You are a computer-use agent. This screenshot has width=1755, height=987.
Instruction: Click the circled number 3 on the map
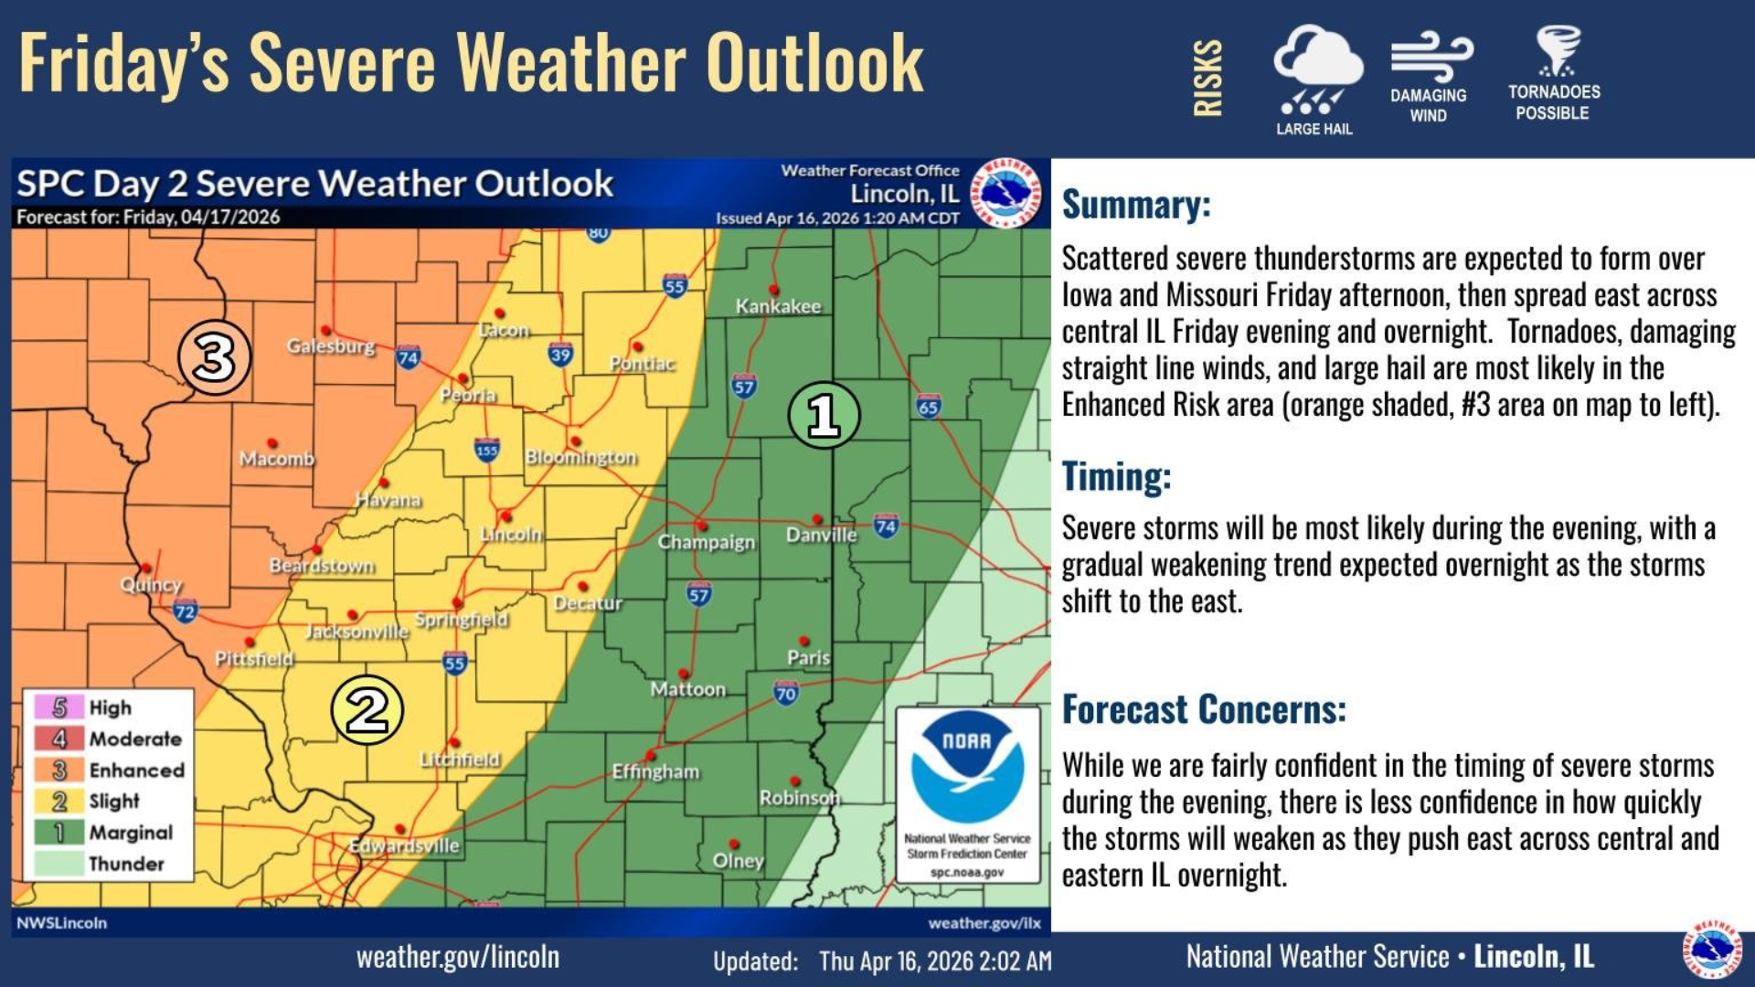(x=214, y=357)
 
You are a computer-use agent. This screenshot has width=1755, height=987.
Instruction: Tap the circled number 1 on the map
(x=824, y=415)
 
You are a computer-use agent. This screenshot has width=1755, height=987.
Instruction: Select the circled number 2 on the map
(x=367, y=710)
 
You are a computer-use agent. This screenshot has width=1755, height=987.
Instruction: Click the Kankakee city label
(x=778, y=306)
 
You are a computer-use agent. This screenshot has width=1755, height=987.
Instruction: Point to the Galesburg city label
(x=331, y=346)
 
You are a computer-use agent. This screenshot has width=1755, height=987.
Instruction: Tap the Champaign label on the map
(x=707, y=542)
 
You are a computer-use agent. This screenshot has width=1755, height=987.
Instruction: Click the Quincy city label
(x=152, y=584)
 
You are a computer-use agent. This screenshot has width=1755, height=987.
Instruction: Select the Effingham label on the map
(x=655, y=771)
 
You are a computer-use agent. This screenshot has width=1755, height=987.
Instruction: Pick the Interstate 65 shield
(x=928, y=406)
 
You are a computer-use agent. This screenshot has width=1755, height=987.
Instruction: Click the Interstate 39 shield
(x=560, y=355)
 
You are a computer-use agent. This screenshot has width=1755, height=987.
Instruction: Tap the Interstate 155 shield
(x=486, y=450)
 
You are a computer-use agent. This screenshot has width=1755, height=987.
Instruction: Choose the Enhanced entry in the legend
(x=136, y=770)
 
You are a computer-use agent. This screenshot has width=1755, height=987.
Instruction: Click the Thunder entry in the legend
(x=126, y=864)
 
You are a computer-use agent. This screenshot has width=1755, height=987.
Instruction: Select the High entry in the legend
(x=110, y=707)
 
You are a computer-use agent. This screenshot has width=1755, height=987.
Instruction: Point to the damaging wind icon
(x=1431, y=57)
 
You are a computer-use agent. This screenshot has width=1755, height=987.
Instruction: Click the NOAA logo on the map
(x=967, y=768)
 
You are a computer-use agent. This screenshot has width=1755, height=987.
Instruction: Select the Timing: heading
(x=1116, y=476)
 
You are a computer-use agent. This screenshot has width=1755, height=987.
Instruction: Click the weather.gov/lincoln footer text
(x=457, y=957)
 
